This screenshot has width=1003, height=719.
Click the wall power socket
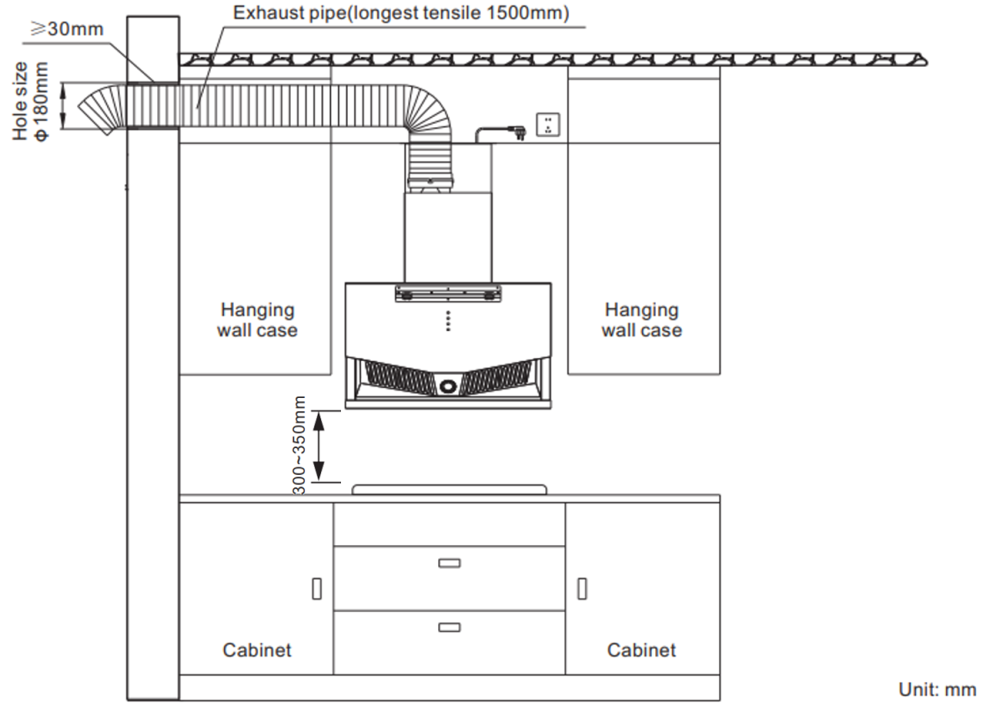(548, 125)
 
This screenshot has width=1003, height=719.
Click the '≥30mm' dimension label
(67, 29)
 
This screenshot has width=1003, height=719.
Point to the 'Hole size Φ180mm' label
(30, 102)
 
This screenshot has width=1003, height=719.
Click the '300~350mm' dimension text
(299, 446)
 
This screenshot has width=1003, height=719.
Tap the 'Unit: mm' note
(937, 690)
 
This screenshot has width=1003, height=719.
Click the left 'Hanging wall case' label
(257, 320)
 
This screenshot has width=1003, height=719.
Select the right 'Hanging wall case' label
(642, 320)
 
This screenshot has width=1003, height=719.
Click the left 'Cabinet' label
(257, 650)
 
